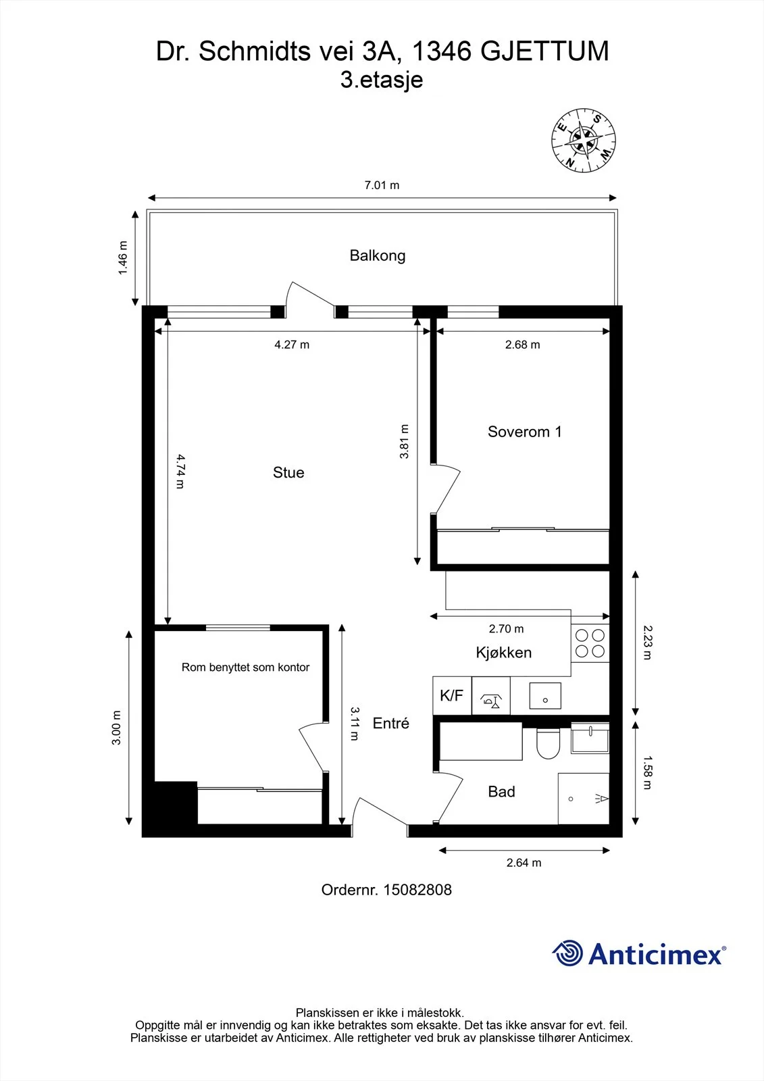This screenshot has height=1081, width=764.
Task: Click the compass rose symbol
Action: pyautogui.click(x=584, y=141)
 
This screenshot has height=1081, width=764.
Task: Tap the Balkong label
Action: pyautogui.click(x=378, y=255)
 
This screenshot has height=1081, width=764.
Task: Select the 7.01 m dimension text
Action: pyautogui.click(x=382, y=185)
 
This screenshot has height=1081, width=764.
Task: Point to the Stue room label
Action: pyautogui.click(x=288, y=472)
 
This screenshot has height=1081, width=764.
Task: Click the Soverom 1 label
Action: pyautogui.click(x=525, y=432)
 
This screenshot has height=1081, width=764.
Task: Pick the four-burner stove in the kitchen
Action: pyautogui.click(x=590, y=643)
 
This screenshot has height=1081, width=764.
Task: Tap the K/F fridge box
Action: pyautogui.click(x=452, y=695)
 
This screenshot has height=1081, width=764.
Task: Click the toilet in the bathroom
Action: pyautogui.click(x=549, y=743)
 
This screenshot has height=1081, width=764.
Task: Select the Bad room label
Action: pyautogui.click(x=501, y=791)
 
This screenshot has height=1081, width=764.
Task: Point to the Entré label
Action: pyautogui.click(x=391, y=723)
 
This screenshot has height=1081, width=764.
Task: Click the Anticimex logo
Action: pyautogui.click(x=639, y=951)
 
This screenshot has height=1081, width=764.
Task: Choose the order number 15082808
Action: pyautogui.click(x=417, y=890)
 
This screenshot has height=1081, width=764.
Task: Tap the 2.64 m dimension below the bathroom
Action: pyautogui.click(x=524, y=863)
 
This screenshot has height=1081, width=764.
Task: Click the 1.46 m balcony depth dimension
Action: pyautogui.click(x=123, y=257)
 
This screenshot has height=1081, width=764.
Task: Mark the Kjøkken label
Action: pyautogui.click(x=503, y=653)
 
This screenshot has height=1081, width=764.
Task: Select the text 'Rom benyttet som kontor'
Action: pyautogui.click(x=245, y=668)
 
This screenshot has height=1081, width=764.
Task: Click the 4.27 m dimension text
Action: pyautogui.click(x=292, y=345)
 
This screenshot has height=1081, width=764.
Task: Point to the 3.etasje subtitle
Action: pyautogui.click(x=382, y=80)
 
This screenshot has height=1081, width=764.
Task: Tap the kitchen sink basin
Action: pyautogui.click(x=545, y=695)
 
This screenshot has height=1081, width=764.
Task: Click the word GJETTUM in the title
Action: pyautogui.click(x=545, y=51)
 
